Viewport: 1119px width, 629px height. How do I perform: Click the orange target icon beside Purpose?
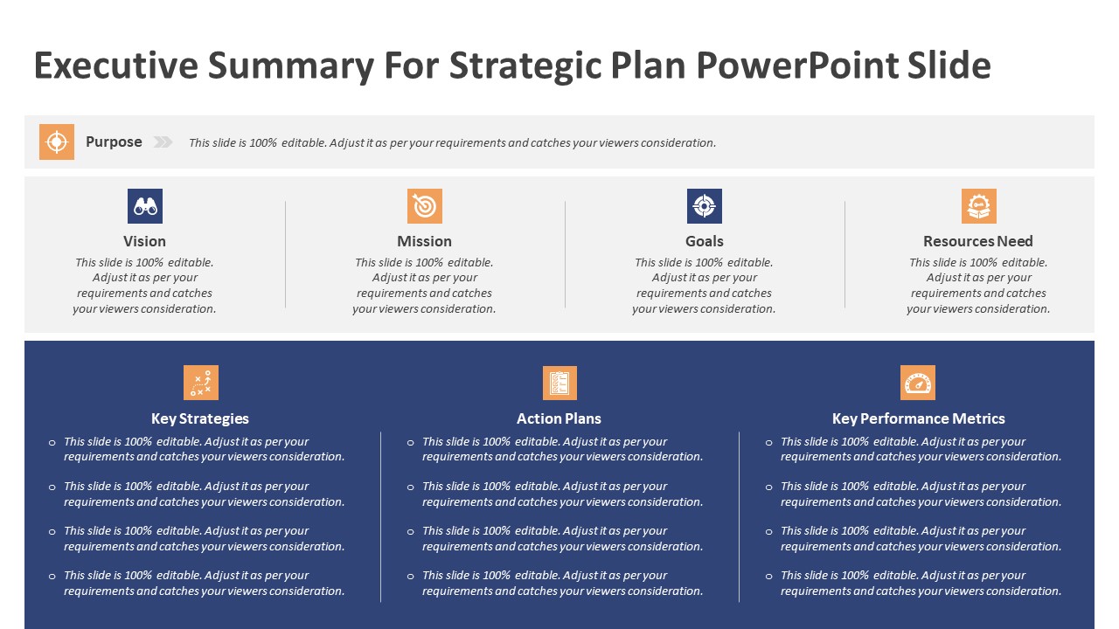[x=57, y=142]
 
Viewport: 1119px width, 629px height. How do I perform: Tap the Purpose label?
[x=114, y=142]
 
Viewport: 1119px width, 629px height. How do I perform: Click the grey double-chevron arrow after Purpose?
[x=163, y=142]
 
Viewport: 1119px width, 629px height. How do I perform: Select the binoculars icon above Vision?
[x=144, y=206]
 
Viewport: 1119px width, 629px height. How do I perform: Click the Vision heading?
[x=144, y=241]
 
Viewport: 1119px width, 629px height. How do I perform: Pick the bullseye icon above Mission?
[x=424, y=206]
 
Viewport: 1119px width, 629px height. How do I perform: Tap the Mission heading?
[x=424, y=241]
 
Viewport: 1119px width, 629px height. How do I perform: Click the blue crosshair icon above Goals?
[x=704, y=206]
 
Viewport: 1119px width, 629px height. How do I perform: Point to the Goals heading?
[x=704, y=241]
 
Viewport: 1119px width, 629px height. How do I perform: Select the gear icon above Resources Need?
[x=978, y=206]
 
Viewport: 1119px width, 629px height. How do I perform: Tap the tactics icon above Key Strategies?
[x=200, y=383]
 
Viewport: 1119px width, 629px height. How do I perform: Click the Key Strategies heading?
[x=200, y=418]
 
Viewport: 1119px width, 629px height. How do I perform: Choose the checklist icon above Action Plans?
[x=559, y=383]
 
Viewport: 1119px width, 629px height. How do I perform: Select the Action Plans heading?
[x=559, y=418]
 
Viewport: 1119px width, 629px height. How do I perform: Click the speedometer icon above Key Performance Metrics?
[x=917, y=383]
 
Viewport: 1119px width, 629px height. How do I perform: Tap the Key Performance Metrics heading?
[x=918, y=418]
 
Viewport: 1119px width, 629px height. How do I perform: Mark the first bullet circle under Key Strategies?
[x=52, y=443]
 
